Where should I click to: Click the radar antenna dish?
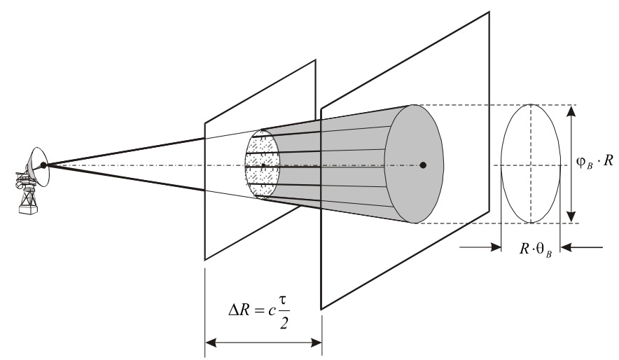click(x=39, y=166)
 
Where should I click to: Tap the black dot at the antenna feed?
click(x=43, y=165)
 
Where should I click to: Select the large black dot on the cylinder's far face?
click(x=423, y=165)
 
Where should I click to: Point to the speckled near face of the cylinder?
click(x=263, y=164)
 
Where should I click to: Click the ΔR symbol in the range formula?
click(x=239, y=310)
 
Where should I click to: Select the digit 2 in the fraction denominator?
click(x=284, y=323)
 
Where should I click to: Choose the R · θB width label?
click(x=536, y=249)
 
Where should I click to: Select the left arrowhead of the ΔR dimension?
click(x=211, y=342)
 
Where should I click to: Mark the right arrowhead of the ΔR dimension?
click(x=317, y=342)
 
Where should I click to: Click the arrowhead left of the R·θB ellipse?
click(x=496, y=247)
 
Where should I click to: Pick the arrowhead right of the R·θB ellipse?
click(x=566, y=247)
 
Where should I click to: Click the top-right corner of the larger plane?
click(x=489, y=12)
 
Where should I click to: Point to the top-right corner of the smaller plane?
click(x=315, y=60)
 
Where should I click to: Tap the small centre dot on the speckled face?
click(x=263, y=165)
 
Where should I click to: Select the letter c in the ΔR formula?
click(x=271, y=311)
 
